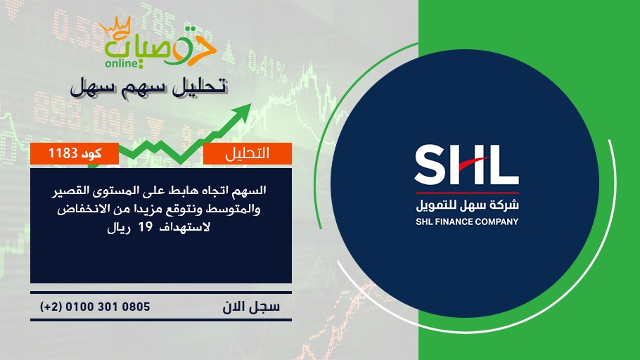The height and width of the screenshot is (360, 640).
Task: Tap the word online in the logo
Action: (121, 63)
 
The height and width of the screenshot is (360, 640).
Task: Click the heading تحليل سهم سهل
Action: (149, 87)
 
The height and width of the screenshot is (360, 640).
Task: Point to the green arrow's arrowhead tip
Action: (250, 105)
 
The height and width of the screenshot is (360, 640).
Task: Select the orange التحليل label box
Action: (248, 153)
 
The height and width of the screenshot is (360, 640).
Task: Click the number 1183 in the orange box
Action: (63, 153)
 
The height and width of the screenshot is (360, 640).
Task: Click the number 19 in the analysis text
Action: (145, 227)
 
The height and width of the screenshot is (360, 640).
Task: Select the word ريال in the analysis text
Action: (119, 227)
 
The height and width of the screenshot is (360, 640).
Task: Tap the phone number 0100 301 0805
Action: (108, 307)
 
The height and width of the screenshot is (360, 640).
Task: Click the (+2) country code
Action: (51, 307)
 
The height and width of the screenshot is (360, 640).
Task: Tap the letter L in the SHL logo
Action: (506, 165)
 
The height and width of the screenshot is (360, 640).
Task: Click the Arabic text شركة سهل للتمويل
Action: (467, 205)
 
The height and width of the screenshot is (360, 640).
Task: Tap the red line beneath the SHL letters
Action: (467, 193)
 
